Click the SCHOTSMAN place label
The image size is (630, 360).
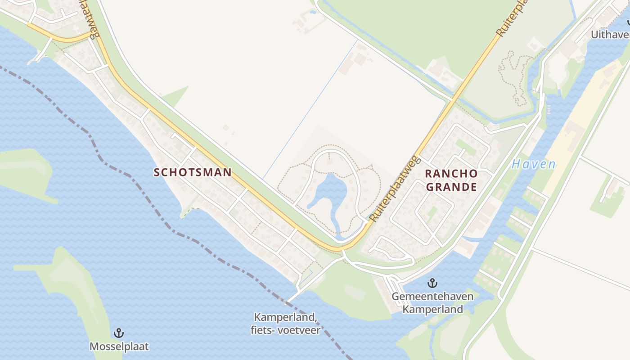click(x=193, y=172)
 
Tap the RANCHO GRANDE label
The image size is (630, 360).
click(x=451, y=180)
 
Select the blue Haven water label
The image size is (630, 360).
click(x=533, y=164)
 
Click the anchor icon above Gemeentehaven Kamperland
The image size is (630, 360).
click(x=432, y=283)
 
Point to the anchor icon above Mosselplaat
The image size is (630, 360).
click(x=119, y=333)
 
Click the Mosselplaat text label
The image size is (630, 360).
click(x=119, y=346)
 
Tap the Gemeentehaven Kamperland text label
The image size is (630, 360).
click(x=432, y=303)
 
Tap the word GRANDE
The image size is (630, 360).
click(x=451, y=187)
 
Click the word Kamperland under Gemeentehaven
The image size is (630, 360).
click(x=432, y=310)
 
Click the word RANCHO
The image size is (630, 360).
click(x=451, y=173)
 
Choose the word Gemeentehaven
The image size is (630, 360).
click(x=432, y=297)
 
